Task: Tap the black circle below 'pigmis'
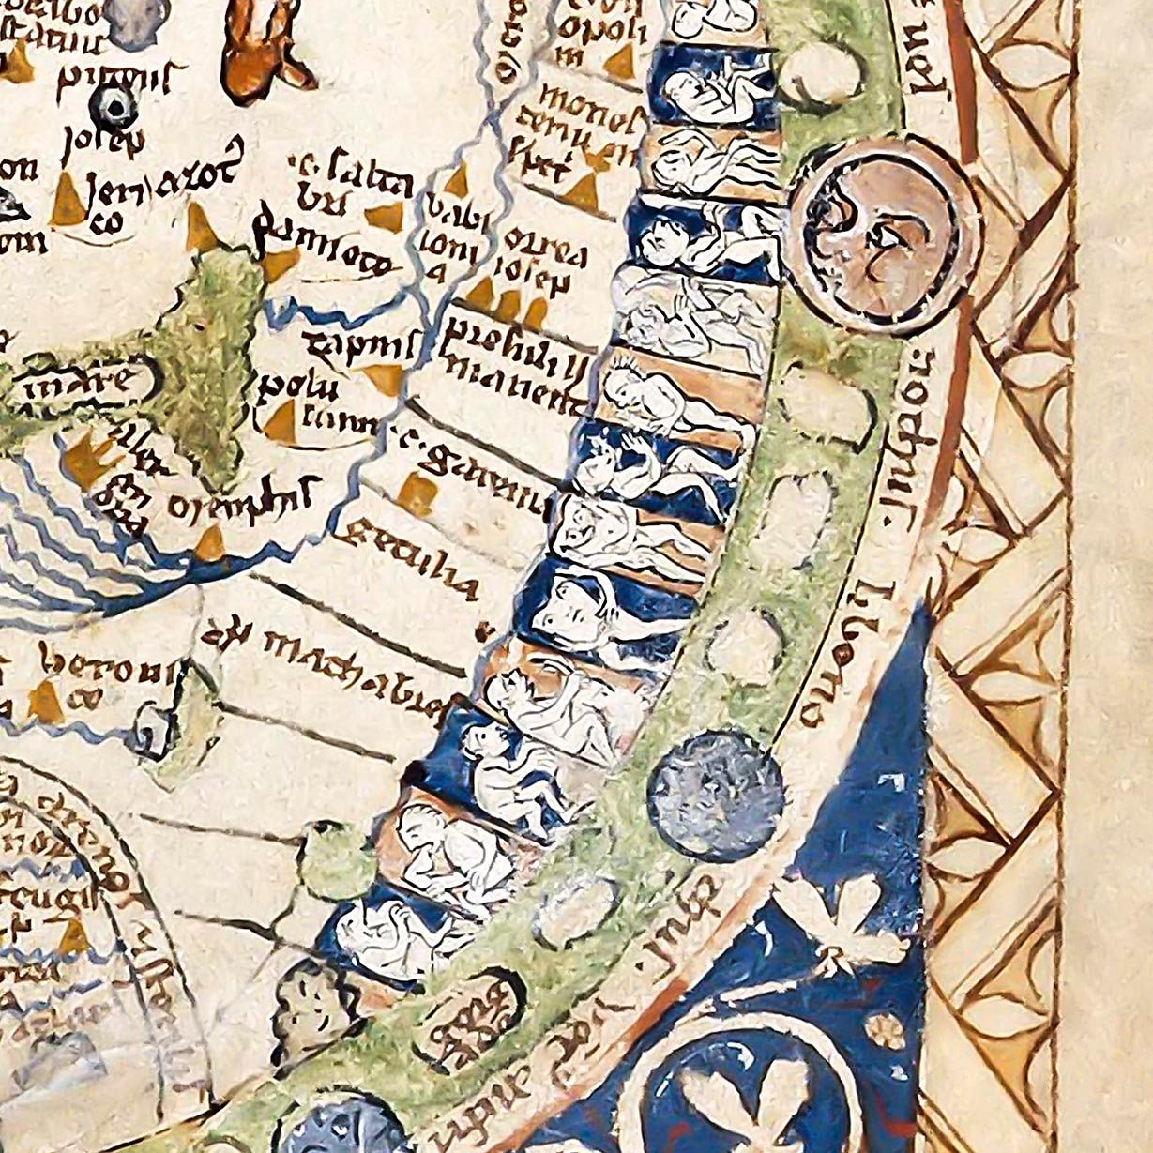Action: tap(114, 110)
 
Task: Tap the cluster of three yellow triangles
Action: tap(508, 300)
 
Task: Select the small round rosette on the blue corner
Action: tap(883, 1030)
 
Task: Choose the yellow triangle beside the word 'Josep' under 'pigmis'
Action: tap(68, 198)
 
